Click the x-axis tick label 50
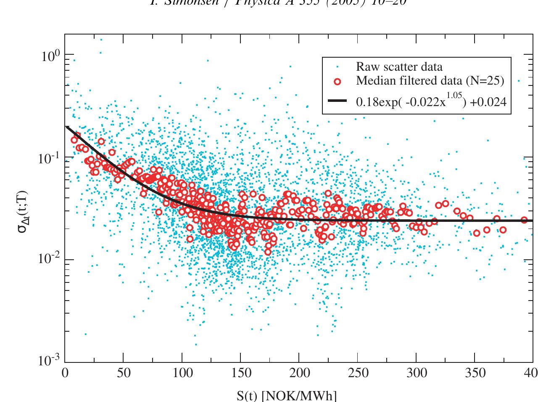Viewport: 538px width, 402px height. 123,373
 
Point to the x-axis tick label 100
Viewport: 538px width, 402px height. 182,373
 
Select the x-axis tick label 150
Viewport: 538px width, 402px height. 240,373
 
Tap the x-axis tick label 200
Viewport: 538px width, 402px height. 299,373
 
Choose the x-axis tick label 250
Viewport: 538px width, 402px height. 357,373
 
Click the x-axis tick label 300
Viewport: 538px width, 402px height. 416,373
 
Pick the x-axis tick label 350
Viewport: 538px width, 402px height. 475,373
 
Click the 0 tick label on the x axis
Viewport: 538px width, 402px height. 65,373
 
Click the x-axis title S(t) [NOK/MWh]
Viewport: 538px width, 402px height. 287,396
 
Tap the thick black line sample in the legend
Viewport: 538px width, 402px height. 337,101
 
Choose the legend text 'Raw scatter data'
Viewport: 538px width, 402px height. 399,67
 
